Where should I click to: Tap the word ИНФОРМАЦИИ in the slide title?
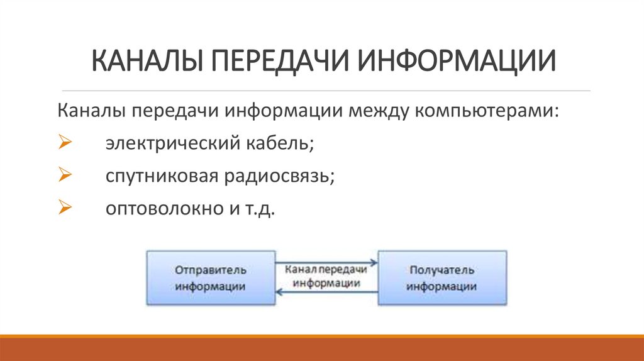click(456, 63)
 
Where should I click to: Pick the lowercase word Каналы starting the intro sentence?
click(91, 111)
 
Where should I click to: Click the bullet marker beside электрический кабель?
click(63, 143)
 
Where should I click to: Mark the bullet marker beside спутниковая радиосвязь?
click(63, 175)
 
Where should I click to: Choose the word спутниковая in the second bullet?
click(160, 176)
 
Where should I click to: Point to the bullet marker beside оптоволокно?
click(63, 208)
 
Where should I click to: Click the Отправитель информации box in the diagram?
click(211, 277)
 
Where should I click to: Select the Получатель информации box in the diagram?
click(441, 277)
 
